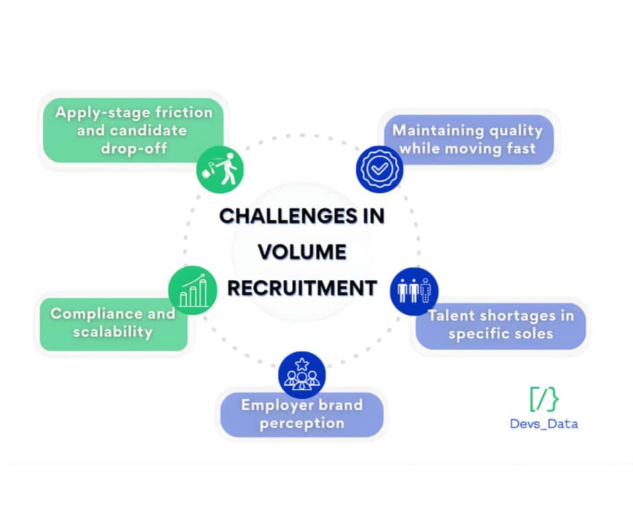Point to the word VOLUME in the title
[x=302, y=252]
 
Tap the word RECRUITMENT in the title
[x=302, y=288]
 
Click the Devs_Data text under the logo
[x=543, y=424]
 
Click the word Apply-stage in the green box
[x=96, y=113]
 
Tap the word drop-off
[x=133, y=147]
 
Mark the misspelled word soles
[x=534, y=333]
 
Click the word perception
[x=302, y=423]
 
